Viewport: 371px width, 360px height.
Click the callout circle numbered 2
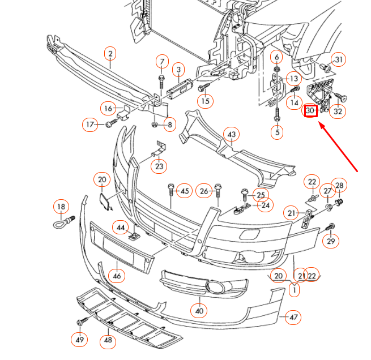[x=110, y=54]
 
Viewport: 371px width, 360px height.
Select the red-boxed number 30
[x=310, y=111]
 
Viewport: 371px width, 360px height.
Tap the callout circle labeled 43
[x=231, y=134]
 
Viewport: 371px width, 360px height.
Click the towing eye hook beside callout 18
[x=61, y=223]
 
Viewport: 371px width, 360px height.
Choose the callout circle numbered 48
[x=108, y=341]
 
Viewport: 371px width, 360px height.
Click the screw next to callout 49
[x=82, y=322]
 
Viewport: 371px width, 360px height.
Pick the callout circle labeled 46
[x=117, y=276]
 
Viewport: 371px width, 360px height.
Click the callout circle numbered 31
[x=338, y=60]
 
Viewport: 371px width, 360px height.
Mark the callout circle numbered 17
[x=90, y=124]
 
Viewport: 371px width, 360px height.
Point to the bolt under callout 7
[x=161, y=79]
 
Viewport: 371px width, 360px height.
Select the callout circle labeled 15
[x=206, y=101]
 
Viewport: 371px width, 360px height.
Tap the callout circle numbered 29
[x=331, y=241]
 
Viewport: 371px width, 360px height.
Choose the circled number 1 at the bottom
[x=294, y=290]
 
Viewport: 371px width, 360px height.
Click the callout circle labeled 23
[x=159, y=166]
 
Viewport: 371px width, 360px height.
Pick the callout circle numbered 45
[x=185, y=191]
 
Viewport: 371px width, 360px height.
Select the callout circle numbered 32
[x=338, y=111]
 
